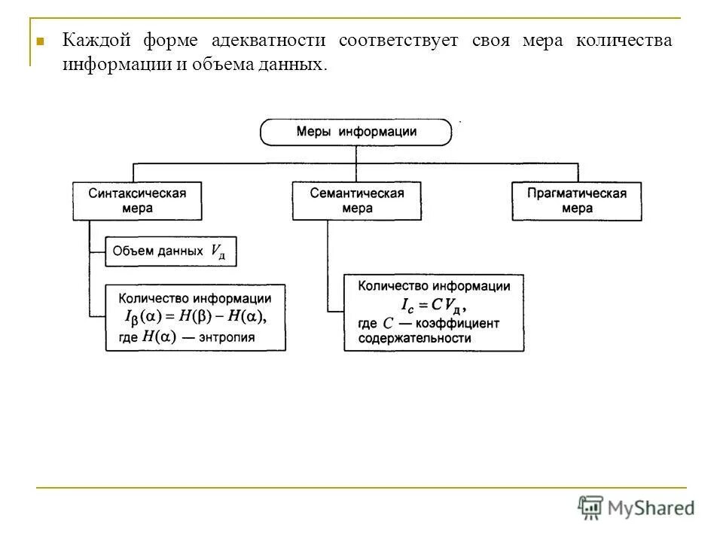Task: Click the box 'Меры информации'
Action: click(x=356, y=132)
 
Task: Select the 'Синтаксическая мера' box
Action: click(x=137, y=201)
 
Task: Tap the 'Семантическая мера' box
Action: click(x=357, y=201)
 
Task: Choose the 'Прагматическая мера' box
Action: click(x=577, y=201)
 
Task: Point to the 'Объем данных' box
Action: click(x=170, y=251)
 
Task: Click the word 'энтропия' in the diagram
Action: click(x=227, y=338)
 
